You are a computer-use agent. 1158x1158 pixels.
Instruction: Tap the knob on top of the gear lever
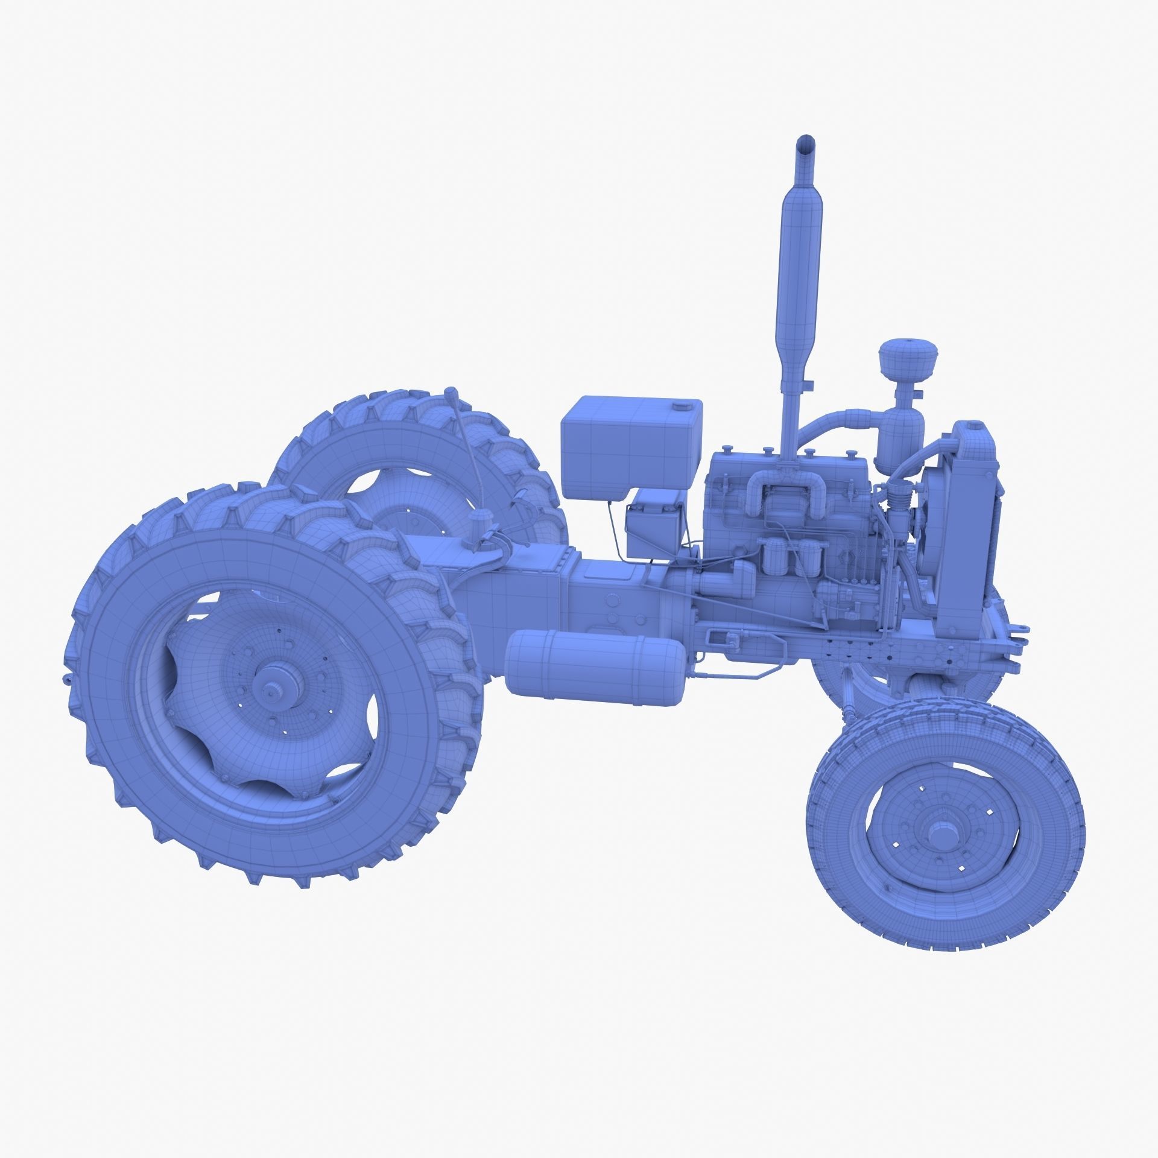coord(450,394)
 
